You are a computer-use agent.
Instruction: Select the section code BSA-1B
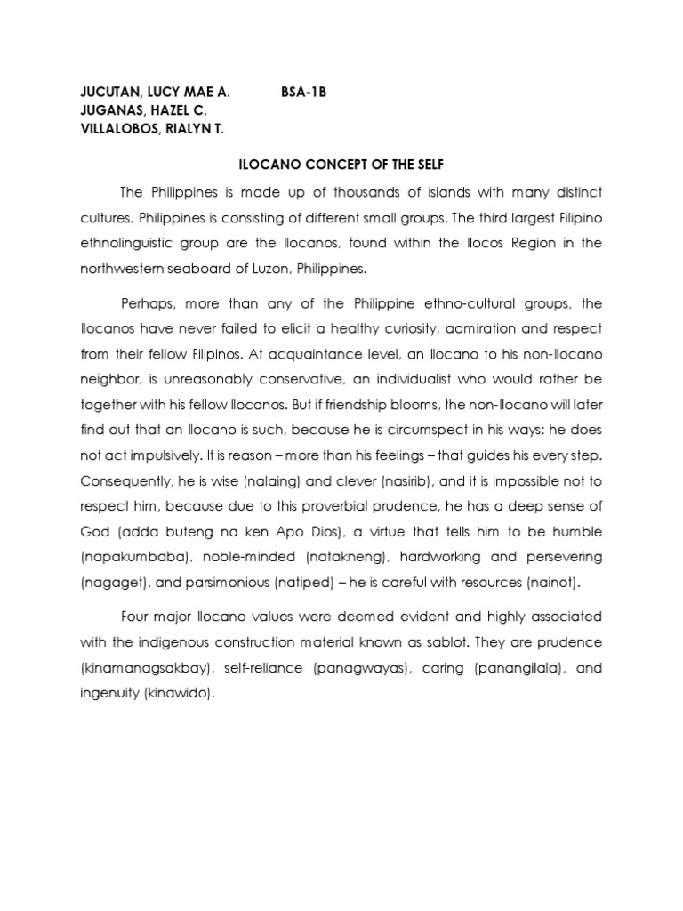click(x=304, y=92)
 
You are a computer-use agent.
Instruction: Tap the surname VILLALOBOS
click(x=111, y=129)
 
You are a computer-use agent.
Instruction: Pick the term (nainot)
click(x=556, y=581)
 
